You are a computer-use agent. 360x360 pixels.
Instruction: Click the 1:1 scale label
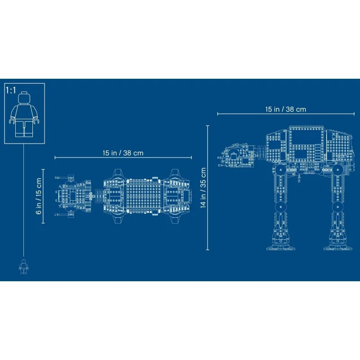[x=10, y=90]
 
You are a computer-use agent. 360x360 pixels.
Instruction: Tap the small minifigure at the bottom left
[x=23, y=266]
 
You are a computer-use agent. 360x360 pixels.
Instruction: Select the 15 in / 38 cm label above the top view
[x=122, y=153]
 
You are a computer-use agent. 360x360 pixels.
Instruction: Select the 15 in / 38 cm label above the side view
[x=285, y=109]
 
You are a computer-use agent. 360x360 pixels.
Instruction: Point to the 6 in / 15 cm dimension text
[x=39, y=196]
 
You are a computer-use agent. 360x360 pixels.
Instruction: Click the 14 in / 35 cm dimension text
[x=203, y=188]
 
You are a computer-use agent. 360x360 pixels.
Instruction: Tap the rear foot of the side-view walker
[x=335, y=245]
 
